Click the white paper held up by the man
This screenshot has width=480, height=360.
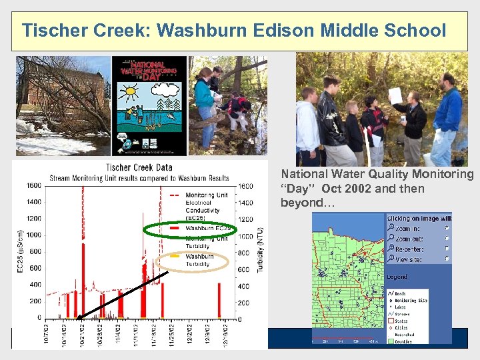click(395, 95)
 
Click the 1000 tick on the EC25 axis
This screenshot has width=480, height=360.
click(33, 235)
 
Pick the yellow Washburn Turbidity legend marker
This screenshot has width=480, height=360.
click(175, 256)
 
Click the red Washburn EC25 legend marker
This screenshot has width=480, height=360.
click(175, 228)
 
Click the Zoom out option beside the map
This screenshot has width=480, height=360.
click(408, 238)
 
